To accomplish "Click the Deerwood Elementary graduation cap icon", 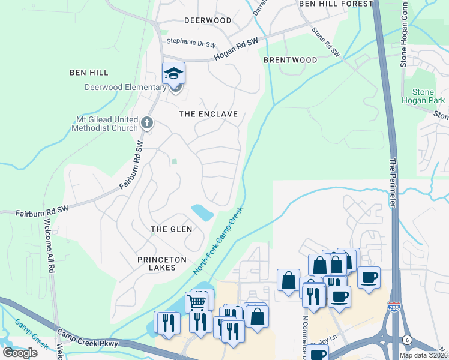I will tap(173, 74).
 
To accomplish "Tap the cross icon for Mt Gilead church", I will tap(147, 124).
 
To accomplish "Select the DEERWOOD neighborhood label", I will tap(208, 20).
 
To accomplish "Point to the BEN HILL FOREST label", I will tap(336, 4).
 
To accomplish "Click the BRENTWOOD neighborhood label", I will tap(291, 60).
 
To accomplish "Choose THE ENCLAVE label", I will tap(209, 114).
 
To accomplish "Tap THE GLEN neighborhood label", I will tap(171, 229).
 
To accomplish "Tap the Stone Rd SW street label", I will tap(325, 41).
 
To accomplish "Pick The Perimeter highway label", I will tap(394, 182).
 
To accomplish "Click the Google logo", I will tap(20, 352).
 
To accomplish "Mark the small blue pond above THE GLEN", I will tap(202, 212).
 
